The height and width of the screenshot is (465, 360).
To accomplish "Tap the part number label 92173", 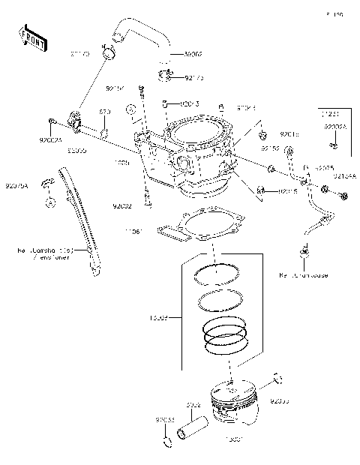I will pyautogui.click(x=195, y=76).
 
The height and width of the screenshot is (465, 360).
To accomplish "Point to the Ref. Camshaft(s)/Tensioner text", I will pyautogui.click(x=43, y=253).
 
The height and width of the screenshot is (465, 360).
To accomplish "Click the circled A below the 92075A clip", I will pyautogui.click(x=49, y=202).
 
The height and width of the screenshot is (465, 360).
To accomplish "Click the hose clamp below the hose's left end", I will pyautogui.click(x=110, y=54).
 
